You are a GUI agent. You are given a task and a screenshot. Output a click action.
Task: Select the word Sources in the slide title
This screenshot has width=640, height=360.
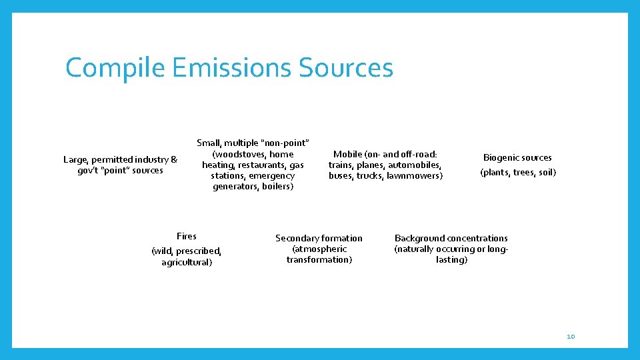[x=346, y=68]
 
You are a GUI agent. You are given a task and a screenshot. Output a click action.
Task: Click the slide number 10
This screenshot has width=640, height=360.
[x=570, y=337]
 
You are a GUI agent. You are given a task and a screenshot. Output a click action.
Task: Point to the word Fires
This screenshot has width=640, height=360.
[x=187, y=236]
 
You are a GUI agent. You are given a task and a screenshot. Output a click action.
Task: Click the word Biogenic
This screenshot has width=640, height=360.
[x=502, y=158]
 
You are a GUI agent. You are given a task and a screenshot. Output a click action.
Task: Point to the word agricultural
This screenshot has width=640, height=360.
[x=187, y=262]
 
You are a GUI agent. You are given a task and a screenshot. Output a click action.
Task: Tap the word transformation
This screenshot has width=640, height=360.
[x=319, y=259]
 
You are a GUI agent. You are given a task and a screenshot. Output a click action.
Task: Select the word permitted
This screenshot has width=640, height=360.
[x=113, y=159]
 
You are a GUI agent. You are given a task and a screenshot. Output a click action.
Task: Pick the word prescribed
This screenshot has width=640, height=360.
[x=198, y=251]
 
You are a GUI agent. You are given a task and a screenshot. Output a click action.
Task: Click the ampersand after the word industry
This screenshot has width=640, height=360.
[x=174, y=159]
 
